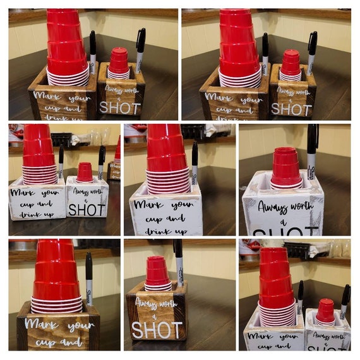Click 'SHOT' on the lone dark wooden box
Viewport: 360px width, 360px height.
157,329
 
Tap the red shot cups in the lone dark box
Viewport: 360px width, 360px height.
157,273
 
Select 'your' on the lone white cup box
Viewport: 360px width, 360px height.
183,205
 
